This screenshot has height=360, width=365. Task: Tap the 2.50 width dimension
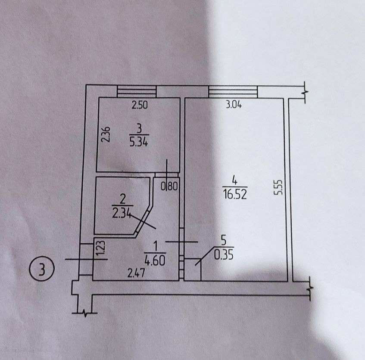(140, 105)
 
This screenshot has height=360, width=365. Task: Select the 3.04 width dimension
(234, 105)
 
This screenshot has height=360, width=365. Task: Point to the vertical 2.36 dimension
(106, 134)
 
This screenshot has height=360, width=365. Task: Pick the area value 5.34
(139, 142)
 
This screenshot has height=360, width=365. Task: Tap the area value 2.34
(121, 213)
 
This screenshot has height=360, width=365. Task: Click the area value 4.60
(155, 260)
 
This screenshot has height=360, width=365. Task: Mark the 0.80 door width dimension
(169, 186)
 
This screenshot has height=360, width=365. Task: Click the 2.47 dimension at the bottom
(136, 273)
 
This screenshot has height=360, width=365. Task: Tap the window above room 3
(137, 91)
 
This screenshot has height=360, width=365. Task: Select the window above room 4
(233, 92)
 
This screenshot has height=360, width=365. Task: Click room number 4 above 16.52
(234, 180)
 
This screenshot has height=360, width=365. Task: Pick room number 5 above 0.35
(224, 241)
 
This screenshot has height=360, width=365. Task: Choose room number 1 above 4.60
(156, 246)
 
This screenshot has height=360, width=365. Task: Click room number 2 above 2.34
(122, 199)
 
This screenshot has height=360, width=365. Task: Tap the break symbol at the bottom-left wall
(85, 313)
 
